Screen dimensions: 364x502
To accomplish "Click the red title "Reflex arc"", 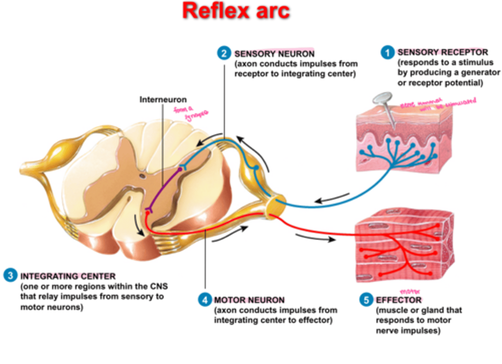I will point(236,11).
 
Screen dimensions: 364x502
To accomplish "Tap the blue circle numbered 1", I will point(387,53).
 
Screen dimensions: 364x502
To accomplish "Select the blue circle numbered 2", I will point(224,53).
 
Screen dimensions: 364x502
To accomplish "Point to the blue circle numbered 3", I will point(10,275).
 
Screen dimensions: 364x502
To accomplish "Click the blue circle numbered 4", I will point(205,300).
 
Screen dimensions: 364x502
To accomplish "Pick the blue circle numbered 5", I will point(366,300).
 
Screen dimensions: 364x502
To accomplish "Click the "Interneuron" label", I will point(163,100).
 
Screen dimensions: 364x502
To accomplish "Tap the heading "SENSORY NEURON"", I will point(274,54).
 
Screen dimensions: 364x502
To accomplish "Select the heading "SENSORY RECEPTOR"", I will point(443,52).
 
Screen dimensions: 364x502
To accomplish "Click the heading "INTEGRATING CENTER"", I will point(68,276).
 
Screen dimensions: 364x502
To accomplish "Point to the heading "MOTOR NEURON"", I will point(249,300).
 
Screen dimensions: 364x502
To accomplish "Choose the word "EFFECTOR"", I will point(399,300).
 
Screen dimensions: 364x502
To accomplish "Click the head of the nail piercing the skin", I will point(382,98).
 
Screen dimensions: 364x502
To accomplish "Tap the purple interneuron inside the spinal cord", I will point(164,188).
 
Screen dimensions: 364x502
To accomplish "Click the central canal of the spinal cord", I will point(142,176).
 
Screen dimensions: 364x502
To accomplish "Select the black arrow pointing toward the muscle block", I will point(315,238).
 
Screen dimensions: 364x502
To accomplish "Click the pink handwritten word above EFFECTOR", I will point(410,291).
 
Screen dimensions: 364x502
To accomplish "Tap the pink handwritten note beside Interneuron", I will point(191,113).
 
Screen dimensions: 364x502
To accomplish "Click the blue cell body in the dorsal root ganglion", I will point(256,168).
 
